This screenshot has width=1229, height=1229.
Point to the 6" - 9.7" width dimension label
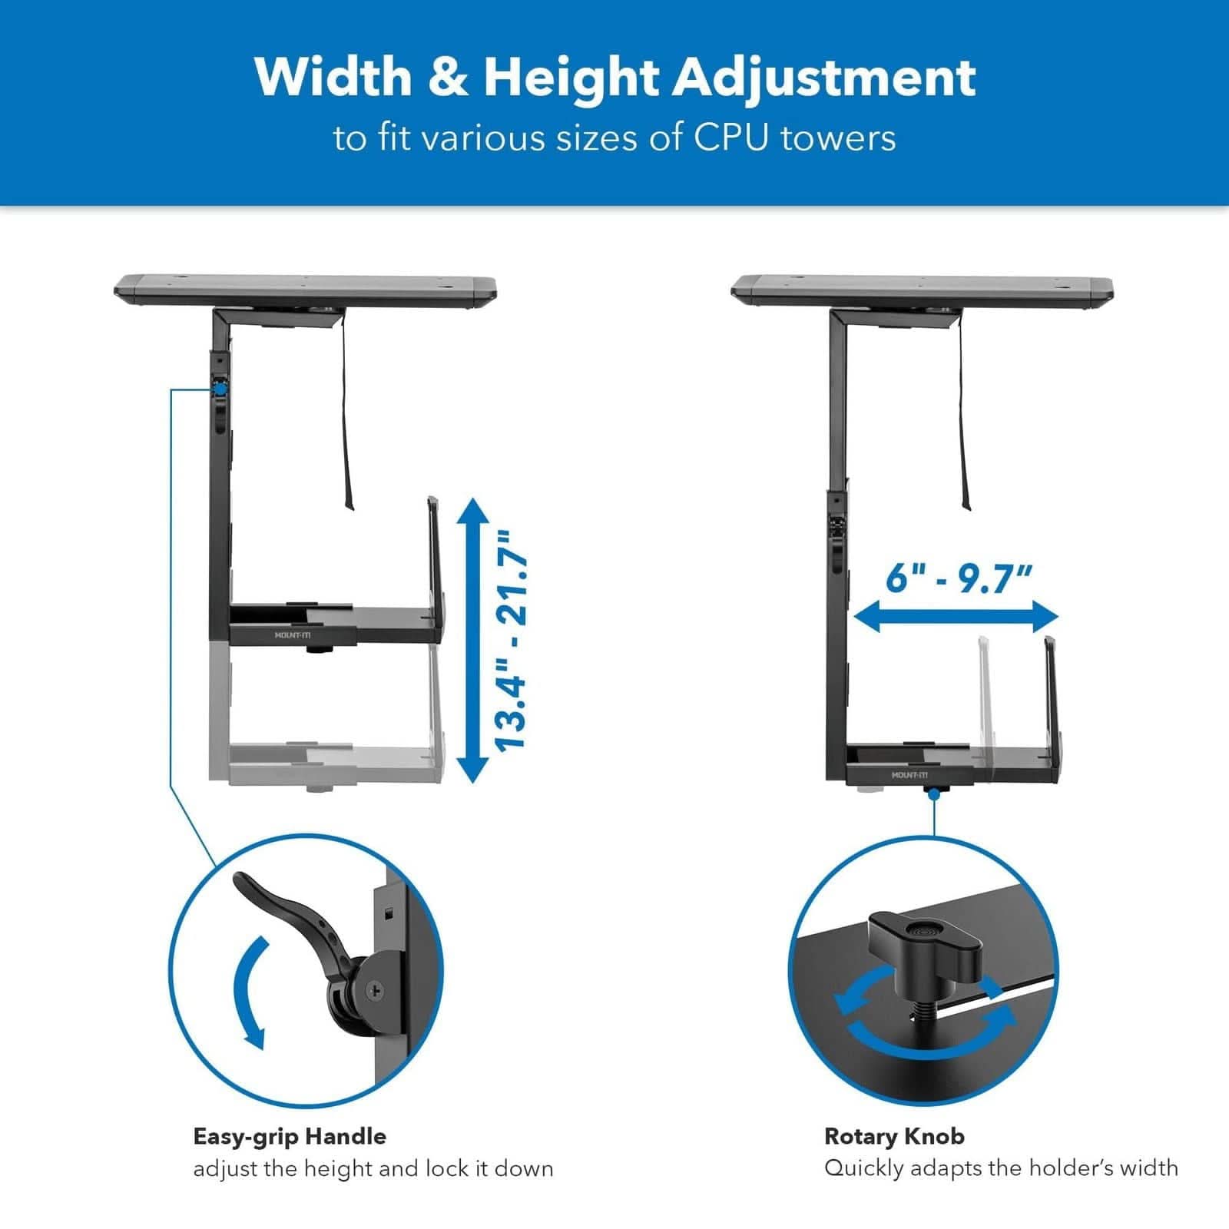coord(959,578)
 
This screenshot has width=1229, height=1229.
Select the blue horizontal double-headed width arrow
coord(956,616)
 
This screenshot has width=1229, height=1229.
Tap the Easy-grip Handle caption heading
coord(290,1136)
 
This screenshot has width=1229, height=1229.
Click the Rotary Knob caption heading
coord(894,1136)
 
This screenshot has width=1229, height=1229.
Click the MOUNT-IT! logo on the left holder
coord(293,635)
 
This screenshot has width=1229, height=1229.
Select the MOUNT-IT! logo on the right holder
coord(909,775)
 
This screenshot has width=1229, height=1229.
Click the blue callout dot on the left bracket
coord(220,389)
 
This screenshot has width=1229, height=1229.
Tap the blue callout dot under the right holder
coord(934,794)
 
